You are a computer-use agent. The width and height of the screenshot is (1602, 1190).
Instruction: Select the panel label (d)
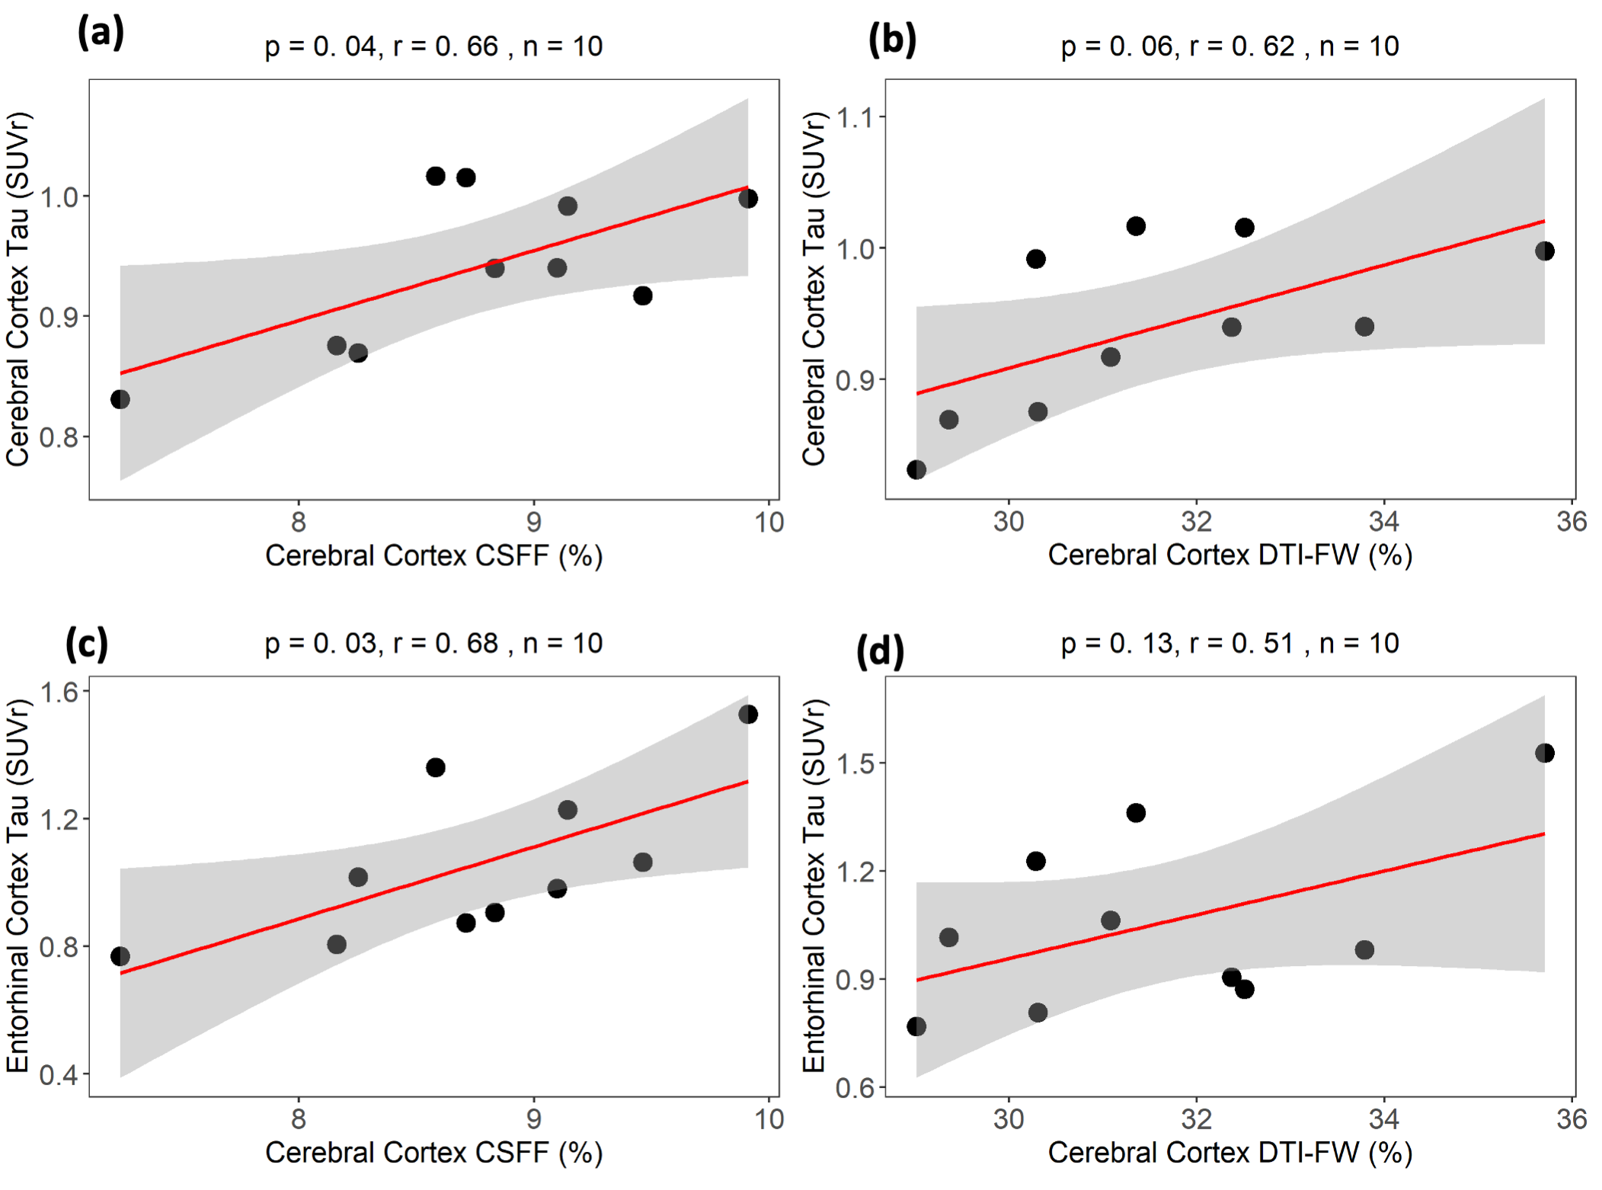coord(880,652)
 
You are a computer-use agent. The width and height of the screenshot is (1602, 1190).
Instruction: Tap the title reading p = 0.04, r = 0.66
coord(433,46)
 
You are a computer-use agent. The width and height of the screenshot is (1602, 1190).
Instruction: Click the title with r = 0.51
coord(1229,644)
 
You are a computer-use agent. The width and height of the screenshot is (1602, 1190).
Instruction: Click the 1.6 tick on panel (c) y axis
coord(59,692)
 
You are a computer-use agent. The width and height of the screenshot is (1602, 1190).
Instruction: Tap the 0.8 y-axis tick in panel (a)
coord(59,437)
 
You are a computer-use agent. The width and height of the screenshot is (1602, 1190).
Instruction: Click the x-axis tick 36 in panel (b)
coord(1571,522)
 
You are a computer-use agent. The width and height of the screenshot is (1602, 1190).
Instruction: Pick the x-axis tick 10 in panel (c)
coord(769,1119)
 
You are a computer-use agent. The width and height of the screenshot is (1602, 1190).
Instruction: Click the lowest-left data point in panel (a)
coord(120,399)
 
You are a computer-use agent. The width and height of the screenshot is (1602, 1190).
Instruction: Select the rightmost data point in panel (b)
coord(1544,251)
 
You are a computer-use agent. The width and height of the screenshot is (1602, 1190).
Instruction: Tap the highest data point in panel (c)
coord(748,715)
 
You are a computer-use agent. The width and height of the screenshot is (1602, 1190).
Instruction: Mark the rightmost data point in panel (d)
coord(1544,753)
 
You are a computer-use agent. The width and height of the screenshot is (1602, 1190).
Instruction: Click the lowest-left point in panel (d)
coord(916,1027)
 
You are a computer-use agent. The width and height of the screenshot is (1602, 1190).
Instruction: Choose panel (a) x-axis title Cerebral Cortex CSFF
coord(433,556)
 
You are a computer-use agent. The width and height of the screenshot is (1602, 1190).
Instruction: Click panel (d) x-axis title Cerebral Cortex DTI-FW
coord(1229,1153)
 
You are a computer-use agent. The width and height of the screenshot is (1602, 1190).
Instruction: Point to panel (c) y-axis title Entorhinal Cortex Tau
coord(18,886)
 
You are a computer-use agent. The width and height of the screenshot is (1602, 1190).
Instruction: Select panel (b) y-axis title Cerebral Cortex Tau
coord(814,289)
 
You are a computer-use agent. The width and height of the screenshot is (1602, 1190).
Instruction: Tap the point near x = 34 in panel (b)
coord(1364,327)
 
